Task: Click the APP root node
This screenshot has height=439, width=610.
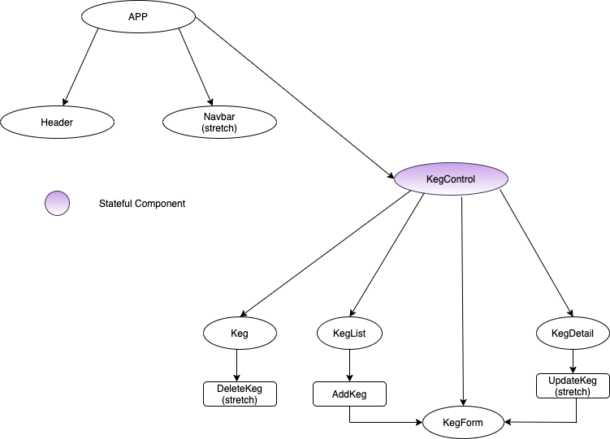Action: coord(138,16)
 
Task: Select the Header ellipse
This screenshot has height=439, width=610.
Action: coord(57,123)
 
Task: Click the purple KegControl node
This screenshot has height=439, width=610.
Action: coord(451,179)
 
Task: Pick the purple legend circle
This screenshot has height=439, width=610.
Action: coord(58,204)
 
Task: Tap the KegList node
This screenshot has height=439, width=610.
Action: coord(349,333)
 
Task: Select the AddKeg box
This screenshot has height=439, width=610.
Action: coord(349,394)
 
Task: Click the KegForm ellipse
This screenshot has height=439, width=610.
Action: coord(464,422)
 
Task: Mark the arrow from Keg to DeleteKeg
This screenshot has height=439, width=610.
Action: coord(236,365)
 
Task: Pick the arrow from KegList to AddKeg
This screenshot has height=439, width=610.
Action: coord(349,365)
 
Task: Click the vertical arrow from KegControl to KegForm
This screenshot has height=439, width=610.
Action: coord(463,300)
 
